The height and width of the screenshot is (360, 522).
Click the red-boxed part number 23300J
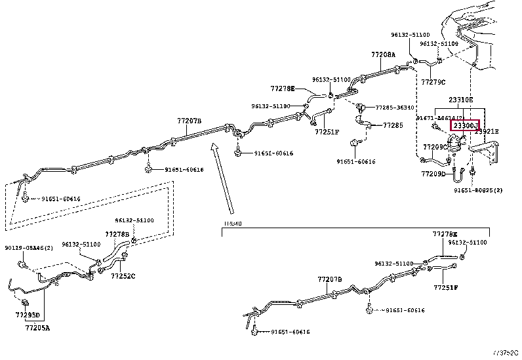(464, 125)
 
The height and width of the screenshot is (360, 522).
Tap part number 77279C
(433, 82)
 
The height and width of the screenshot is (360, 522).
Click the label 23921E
(487, 132)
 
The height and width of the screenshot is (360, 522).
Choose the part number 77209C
(435, 147)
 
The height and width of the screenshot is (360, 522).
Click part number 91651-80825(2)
(477, 190)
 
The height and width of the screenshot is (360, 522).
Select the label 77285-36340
(395, 107)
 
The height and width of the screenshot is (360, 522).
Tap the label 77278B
(117, 233)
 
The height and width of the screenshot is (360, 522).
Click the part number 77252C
(123, 276)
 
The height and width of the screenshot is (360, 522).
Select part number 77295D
(28, 315)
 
